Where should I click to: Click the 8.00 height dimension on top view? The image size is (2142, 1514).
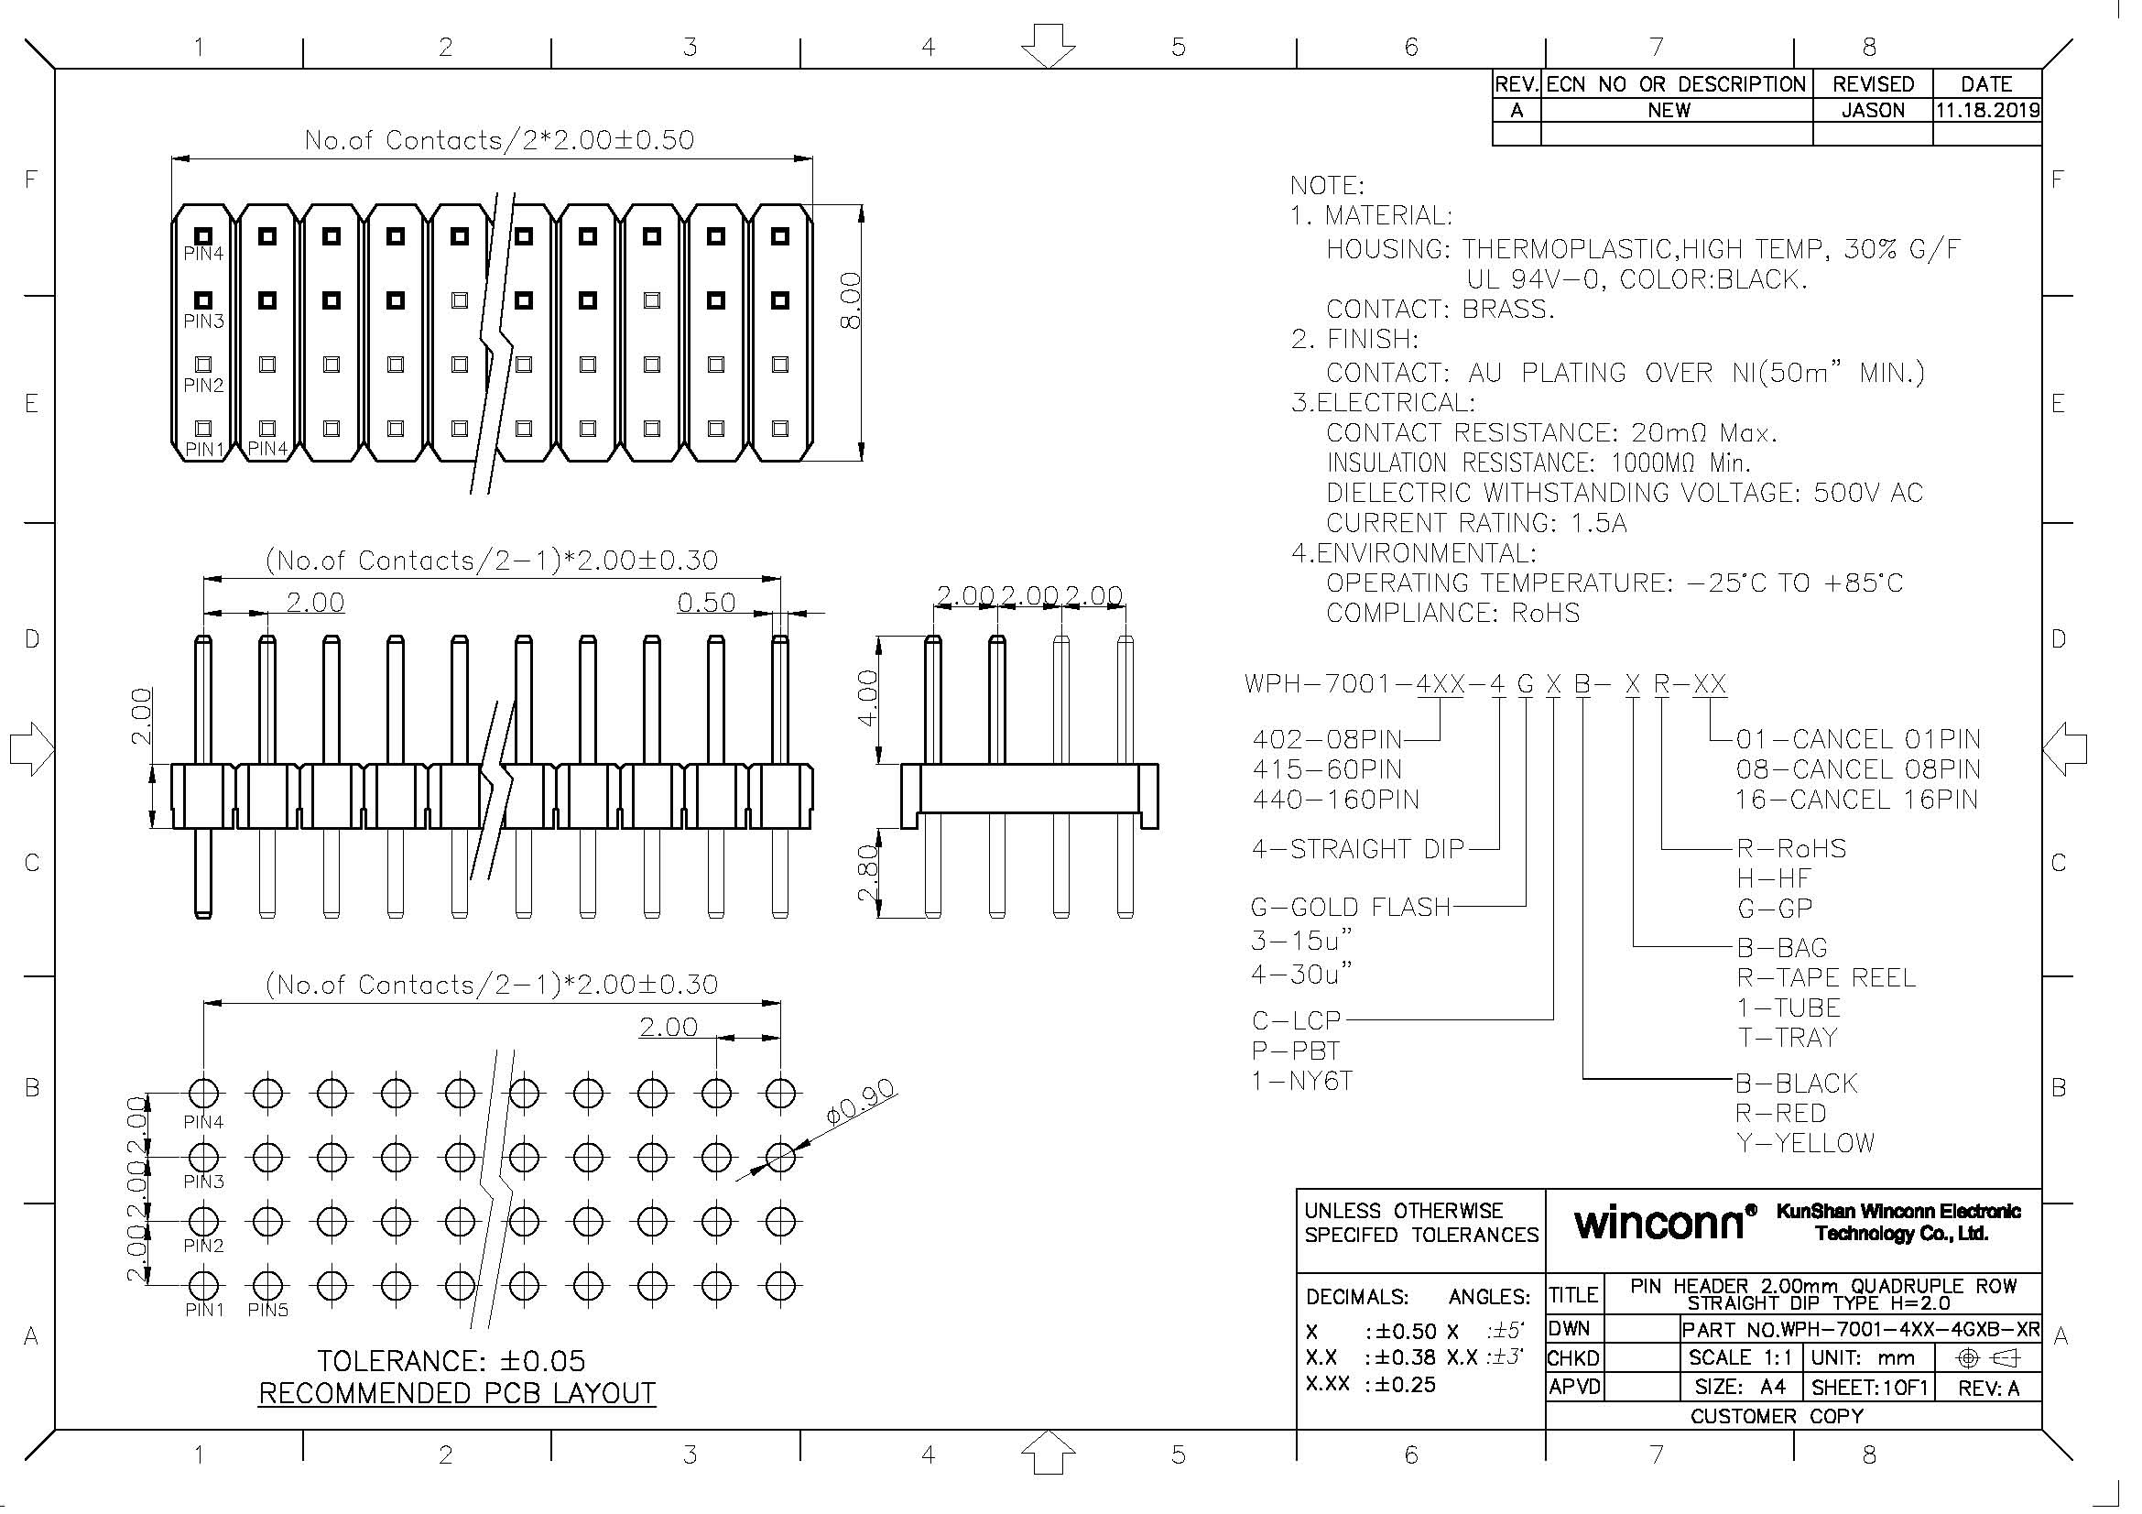850,300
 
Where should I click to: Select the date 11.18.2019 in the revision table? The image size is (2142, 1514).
1986,111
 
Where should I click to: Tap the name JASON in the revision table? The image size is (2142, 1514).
1873,111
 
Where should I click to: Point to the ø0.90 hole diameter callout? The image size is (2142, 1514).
860,1103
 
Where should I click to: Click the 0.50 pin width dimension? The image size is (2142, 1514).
706,604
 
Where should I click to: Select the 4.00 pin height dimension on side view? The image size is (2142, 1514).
867,699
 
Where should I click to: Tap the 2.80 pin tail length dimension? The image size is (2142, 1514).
867,873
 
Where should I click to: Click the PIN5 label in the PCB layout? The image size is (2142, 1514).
267,1311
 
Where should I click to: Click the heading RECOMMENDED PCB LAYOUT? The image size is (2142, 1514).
456,1394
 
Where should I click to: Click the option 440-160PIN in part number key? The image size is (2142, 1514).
1335,800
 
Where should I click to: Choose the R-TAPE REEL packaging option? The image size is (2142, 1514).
1825,977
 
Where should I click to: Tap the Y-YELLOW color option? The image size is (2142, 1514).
1804,1143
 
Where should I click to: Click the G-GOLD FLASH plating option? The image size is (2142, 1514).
1350,907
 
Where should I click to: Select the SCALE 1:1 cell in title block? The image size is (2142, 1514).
1740,1358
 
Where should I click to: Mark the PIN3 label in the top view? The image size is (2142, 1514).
203,321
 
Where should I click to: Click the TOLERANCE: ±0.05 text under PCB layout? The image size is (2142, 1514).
451,1360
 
